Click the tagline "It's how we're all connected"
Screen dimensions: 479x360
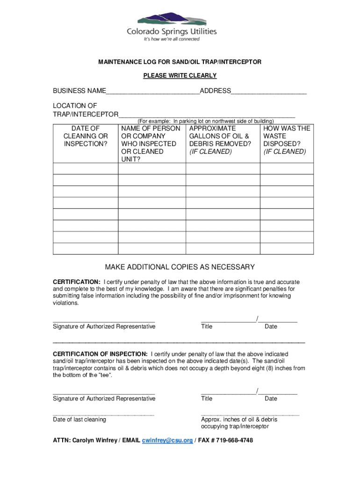tap(172, 39)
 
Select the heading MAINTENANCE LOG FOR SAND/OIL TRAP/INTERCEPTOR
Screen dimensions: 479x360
tap(180, 62)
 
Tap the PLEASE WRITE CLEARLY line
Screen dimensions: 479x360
tap(180, 75)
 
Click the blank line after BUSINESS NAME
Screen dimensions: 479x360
tap(152, 92)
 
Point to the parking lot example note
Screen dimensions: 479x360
tap(205, 121)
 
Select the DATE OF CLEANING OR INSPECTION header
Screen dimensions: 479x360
tap(86, 136)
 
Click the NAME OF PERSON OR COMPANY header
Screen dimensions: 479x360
tap(151, 144)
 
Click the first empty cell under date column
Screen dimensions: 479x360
tap(86, 169)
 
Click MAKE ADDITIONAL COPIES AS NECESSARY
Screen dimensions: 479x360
tap(180, 267)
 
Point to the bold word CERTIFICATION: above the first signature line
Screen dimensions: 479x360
tap(76, 282)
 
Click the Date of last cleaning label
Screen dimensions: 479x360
tap(79, 420)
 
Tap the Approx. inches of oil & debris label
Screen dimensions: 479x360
tap(239, 420)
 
